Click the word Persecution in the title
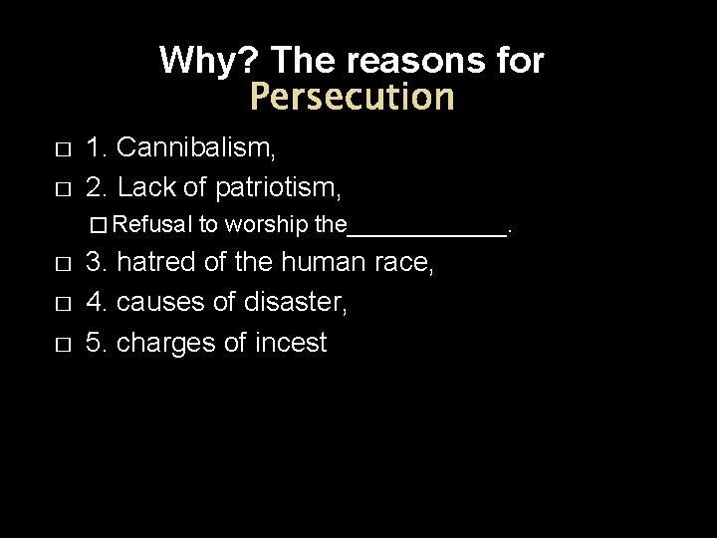352,98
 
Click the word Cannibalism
196,149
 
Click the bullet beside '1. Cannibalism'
62,150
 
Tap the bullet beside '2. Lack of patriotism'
62,186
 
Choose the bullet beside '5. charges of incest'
62,344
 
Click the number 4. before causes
97,303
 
